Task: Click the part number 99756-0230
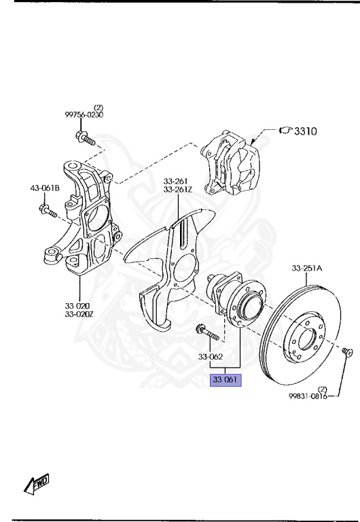click(84, 115)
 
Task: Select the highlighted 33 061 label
click(226, 379)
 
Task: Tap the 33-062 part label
click(211, 357)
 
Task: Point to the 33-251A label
click(307, 268)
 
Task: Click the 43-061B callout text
click(45, 188)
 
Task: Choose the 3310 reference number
click(306, 131)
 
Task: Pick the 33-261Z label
click(177, 190)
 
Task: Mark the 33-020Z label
click(79, 313)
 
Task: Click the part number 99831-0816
click(308, 396)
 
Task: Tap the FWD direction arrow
click(37, 484)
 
